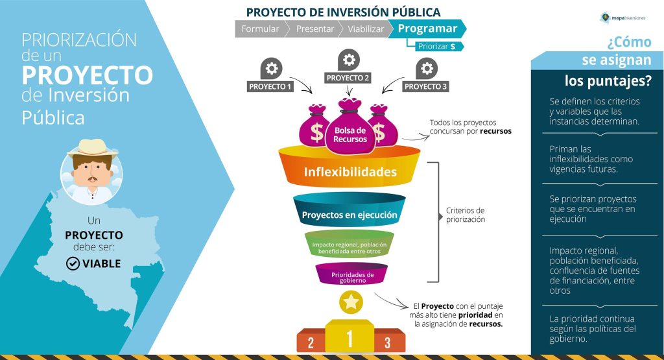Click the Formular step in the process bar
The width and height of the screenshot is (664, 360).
[260, 29]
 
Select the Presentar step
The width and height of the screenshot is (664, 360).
[315, 29]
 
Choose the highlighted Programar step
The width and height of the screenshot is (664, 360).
[427, 29]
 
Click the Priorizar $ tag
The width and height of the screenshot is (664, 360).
[434, 47]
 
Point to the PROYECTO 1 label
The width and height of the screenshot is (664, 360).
[270, 86]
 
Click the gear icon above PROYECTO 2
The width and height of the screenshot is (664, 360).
[349, 60]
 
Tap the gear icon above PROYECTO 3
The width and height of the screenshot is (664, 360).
[426, 68]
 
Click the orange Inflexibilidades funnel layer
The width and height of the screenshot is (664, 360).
[350, 172]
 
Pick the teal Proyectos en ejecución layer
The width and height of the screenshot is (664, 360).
[350, 215]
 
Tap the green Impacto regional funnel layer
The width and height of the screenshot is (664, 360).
[350, 245]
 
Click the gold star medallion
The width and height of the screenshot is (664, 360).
[351, 302]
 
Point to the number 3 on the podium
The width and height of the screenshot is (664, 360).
[387, 342]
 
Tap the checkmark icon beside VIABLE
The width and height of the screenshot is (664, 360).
[73, 263]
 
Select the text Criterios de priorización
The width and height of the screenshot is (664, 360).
[466, 215]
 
